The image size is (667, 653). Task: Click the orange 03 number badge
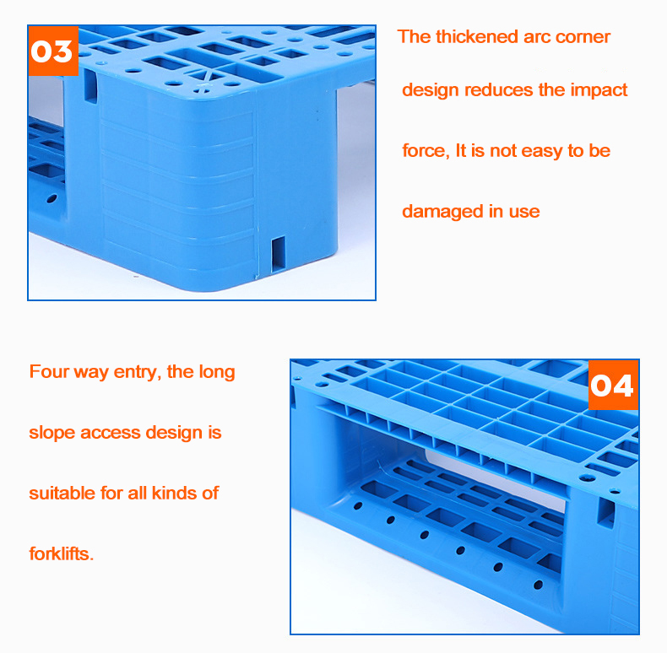coord(53,51)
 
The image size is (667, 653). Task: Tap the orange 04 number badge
coord(613,386)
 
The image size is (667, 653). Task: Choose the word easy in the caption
coord(541,151)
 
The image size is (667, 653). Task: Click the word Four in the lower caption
coord(49,371)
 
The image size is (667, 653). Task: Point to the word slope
coord(52,433)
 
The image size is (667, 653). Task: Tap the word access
coord(111,433)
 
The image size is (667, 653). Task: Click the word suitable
coord(62,494)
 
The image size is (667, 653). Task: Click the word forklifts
coord(62,554)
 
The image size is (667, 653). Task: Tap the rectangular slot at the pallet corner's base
coord(279,254)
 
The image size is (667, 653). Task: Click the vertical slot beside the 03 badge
coord(90,86)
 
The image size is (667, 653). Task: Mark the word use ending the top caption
coord(524,212)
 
